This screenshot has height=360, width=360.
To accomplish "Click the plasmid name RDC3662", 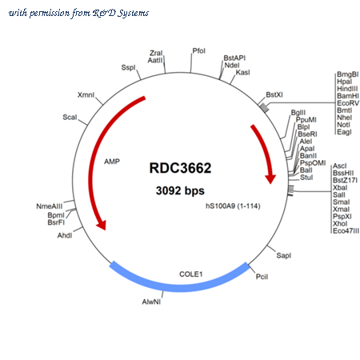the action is point(180,168).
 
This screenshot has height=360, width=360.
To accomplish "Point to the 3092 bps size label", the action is point(180,190).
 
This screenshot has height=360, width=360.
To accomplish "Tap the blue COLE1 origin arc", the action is point(179,283).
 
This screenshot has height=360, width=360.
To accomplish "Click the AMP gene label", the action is point(112,162).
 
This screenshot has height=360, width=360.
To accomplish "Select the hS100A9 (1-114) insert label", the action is point(233,206).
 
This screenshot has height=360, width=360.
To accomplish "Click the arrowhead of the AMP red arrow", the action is point(102,225).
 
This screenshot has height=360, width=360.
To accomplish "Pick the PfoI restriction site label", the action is point(199,50).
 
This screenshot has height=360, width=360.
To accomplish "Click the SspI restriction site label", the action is point(129,67).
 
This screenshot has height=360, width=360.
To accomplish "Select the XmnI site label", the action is point(86,94).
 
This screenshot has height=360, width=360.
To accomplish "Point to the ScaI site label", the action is point(70,117).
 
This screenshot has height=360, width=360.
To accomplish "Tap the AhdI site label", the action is point(65,235).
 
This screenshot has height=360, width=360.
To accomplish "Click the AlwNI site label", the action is point(151,302).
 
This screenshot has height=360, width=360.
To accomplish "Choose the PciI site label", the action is point(262,277).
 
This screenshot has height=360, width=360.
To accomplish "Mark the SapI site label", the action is point(284,255).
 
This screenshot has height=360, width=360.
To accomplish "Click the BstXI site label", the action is point(274,94).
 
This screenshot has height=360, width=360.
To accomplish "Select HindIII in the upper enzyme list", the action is point(347,89).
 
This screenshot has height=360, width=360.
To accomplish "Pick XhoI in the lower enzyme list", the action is point(340,223).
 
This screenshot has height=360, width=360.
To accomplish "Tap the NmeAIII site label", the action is point(50,206).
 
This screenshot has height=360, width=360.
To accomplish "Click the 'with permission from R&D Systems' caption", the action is point(78,13).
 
